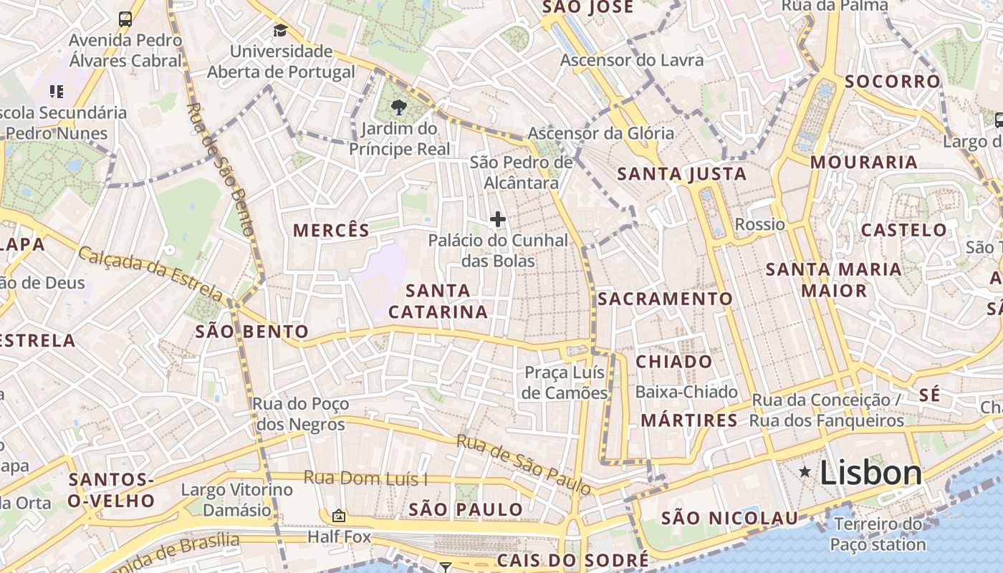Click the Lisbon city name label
pyautogui.click(x=870, y=473)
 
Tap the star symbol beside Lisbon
pyautogui.click(x=805, y=471)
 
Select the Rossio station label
pyautogui.click(x=760, y=224)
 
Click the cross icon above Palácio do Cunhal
pyautogui.click(x=498, y=219)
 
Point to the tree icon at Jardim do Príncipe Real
pyautogui.click(x=399, y=108)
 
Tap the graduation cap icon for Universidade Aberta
pyautogui.click(x=280, y=30)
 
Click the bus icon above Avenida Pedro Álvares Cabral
pyautogui.click(x=125, y=19)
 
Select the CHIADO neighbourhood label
pyautogui.click(x=674, y=362)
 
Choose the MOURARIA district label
pyautogui.click(x=864, y=163)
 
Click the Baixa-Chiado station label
pyautogui.click(x=686, y=392)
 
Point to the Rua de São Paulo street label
pyautogui.click(x=524, y=464)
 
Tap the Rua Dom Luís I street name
pyautogui.click(x=365, y=478)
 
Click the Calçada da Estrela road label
pyautogui.click(x=150, y=273)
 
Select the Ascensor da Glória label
pyautogui.click(x=600, y=133)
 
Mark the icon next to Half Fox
pyautogui.click(x=338, y=516)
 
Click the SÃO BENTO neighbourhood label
pyautogui.click(x=251, y=332)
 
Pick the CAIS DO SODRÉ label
pyautogui.click(x=572, y=559)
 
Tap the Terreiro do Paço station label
pyautogui.click(x=878, y=534)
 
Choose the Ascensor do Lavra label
pyautogui.click(x=632, y=60)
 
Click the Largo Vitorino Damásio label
pyautogui.click(x=237, y=500)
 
